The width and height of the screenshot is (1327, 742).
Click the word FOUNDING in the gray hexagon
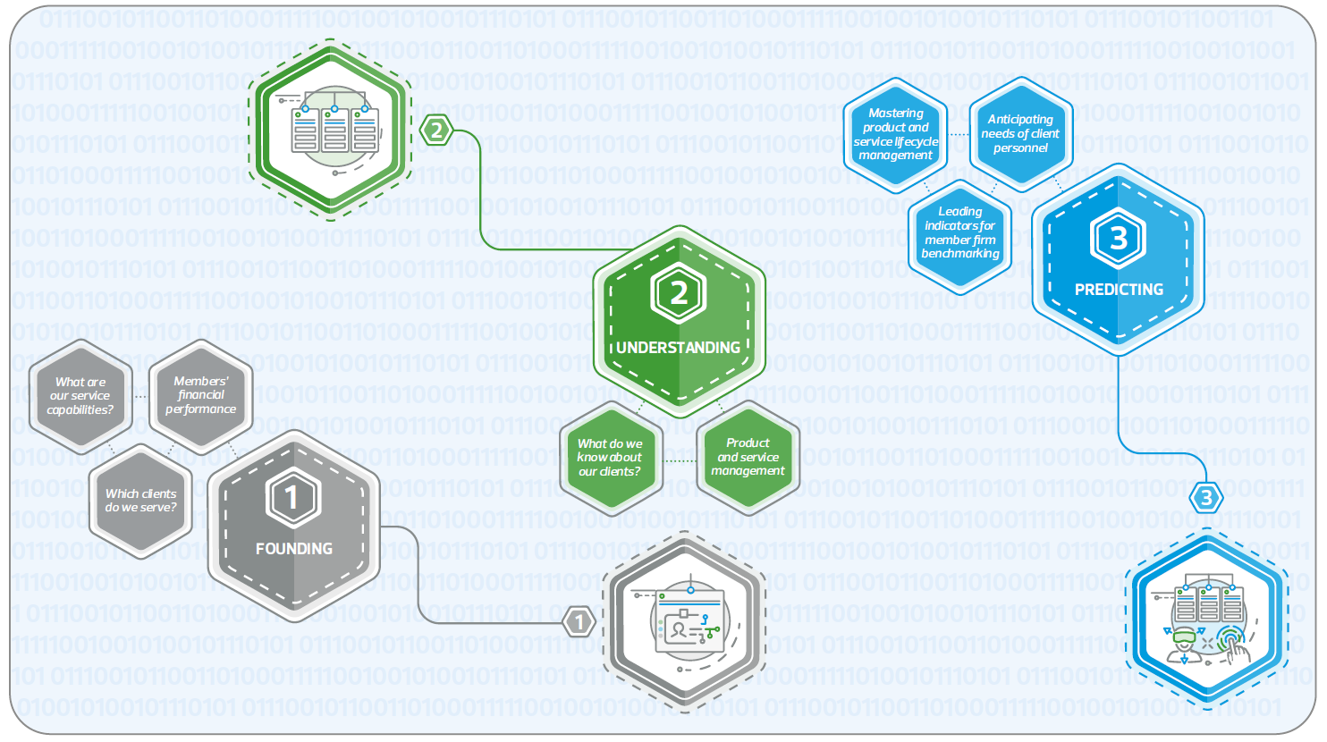click(293, 548)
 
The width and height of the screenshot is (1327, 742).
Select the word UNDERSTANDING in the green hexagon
click(678, 347)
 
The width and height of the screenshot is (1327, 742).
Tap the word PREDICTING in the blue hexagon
click(1119, 289)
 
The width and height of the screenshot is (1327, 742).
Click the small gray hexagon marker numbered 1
click(579, 621)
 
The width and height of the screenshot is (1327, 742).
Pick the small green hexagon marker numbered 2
click(436, 131)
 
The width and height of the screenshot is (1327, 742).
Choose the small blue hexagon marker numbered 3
click(1206, 498)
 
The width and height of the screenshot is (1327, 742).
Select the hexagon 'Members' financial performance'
click(200, 394)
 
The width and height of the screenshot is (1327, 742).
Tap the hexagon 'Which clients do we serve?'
click(140, 500)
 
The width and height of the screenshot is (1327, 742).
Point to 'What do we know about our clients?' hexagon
click(610, 457)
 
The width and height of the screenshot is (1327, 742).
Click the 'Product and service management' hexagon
click(748, 456)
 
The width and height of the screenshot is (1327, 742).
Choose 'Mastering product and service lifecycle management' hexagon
click(895, 134)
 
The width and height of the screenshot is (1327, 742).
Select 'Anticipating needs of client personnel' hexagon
click(1020, 133)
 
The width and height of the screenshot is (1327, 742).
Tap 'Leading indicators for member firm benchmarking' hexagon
click(959, 232)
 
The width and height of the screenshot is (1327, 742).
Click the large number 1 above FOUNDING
click(292, 497)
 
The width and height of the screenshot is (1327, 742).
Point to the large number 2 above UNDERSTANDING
click(679, 293)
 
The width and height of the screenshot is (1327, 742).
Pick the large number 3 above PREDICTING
click(1118, 238)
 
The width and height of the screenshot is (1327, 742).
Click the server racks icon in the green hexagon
click(334, 131)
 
